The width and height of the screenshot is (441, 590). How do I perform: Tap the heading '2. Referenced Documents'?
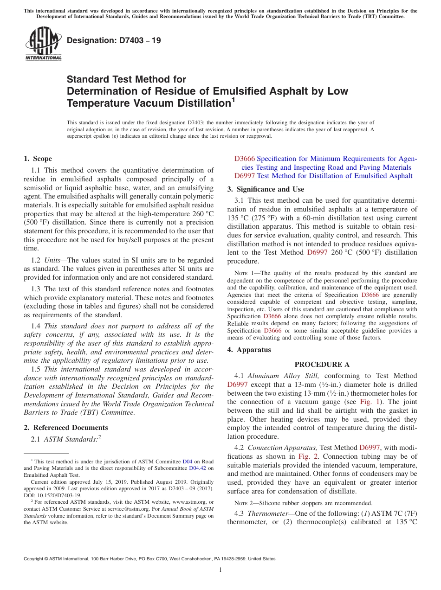66,428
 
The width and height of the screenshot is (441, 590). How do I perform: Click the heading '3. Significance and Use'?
266,189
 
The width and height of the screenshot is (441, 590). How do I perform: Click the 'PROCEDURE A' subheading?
322,365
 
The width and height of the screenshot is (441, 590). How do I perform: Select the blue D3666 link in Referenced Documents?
244,159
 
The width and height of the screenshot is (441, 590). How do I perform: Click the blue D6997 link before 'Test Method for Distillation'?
244,176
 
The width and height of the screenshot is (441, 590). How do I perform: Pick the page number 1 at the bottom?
220,570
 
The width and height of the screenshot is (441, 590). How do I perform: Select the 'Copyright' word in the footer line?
36,559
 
